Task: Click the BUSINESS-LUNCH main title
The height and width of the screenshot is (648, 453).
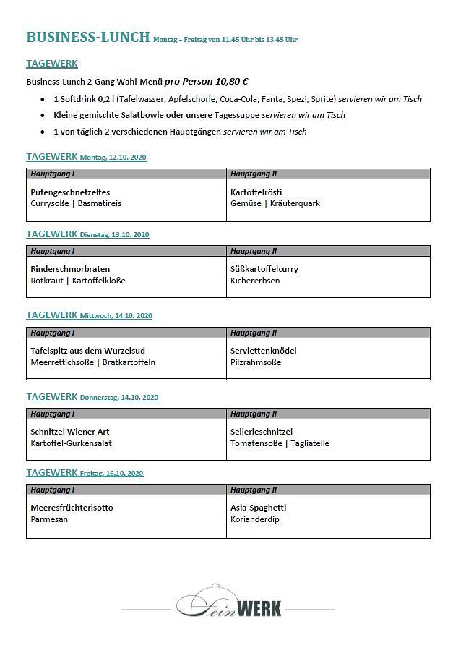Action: point(88,37)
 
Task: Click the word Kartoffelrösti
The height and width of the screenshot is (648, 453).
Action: point(256,192)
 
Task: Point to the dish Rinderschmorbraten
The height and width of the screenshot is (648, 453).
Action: point(70,269)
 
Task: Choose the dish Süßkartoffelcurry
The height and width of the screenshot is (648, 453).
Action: point(264,269)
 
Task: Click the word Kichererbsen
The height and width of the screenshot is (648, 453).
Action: point(255,281)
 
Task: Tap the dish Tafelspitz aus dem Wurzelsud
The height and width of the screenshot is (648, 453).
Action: point(87,351)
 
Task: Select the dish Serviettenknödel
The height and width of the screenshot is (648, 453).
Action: point(263,351)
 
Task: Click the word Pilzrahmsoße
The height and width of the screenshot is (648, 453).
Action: point(256,362)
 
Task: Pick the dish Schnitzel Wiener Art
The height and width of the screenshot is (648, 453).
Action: point(70,432)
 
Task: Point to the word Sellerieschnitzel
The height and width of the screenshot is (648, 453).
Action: point(262,432)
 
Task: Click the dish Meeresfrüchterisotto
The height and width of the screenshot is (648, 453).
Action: point(72,508)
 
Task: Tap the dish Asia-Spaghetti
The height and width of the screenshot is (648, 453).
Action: point(258,508)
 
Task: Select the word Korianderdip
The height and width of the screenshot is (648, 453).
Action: point(254,519)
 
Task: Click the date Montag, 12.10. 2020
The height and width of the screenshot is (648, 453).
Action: point(113,158)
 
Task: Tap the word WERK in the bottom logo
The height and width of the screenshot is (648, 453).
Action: point(258,607)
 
